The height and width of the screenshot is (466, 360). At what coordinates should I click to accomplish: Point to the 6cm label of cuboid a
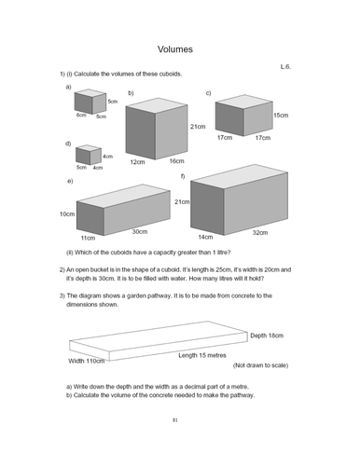[x=81, y=115]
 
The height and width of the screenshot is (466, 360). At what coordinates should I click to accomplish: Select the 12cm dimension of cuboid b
[x=136, y=161]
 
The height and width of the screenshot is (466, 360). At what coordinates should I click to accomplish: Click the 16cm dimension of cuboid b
[x=176, y=161]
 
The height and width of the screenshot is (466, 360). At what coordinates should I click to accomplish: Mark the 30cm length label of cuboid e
[x=140, y=231]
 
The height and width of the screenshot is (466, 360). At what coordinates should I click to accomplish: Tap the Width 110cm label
[x=88, y=360]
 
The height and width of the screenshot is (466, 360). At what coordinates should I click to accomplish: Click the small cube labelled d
[x=88, y=155]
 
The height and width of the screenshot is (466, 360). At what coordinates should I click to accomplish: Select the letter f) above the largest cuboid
[x=183, y=176]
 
